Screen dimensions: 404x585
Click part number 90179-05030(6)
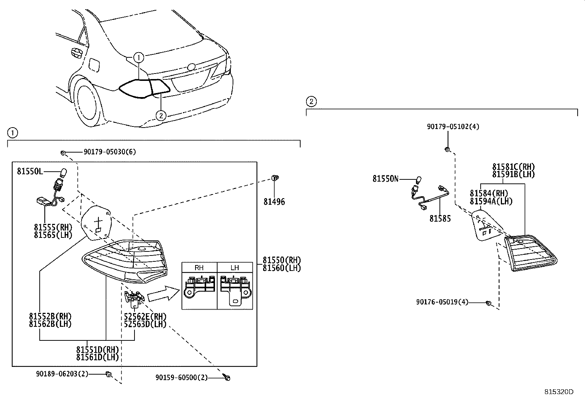(x=110, y=152)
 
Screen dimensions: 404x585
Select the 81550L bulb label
(x=30, y=171)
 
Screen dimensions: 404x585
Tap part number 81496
(x=274, y=202)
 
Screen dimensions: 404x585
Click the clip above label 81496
(x=274, y=178)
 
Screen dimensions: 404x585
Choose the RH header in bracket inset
(x=199, y=268)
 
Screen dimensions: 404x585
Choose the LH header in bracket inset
(x=235, y=268)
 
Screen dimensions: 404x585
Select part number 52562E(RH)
(x=145, y=317)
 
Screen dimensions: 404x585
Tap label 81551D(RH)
(x=97, y=349)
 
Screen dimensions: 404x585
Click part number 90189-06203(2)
(x=62, y=374)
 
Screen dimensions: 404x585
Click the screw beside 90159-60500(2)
(x=227, y=378)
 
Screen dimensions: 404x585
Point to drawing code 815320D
(x=559, y=392)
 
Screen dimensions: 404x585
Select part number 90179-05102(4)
(x=453, y=127)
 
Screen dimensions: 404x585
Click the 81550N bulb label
(x=385, y=179)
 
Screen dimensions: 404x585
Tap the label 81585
(x=440, y=219)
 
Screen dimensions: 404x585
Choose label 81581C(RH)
(x=513, y=167)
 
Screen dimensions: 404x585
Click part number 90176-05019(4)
(x=442, y=302)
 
